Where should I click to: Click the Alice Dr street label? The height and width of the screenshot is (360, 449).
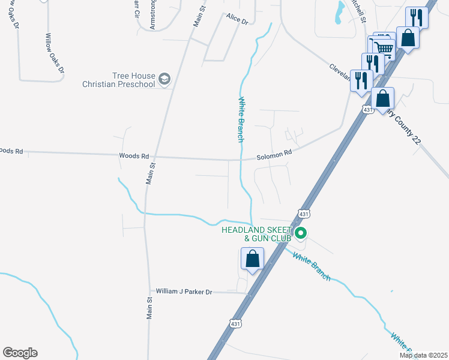point(237,20)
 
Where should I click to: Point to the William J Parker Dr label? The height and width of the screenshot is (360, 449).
point(184,291)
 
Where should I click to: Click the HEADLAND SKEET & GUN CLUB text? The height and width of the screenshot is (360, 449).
point(256,234)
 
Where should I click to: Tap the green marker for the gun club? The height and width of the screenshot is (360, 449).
point(301,233)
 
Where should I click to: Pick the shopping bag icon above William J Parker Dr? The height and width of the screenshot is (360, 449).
point(253,260)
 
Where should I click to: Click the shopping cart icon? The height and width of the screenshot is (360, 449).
point(384,47)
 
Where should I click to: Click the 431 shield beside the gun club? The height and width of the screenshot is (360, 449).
point(304,214)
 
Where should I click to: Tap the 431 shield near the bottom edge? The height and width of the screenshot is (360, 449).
point(235,323)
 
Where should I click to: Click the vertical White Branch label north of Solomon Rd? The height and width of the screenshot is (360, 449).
point(241,119)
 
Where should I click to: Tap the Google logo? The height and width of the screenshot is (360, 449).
point(20,353)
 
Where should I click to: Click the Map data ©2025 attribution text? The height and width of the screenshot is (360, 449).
point(423,355)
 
